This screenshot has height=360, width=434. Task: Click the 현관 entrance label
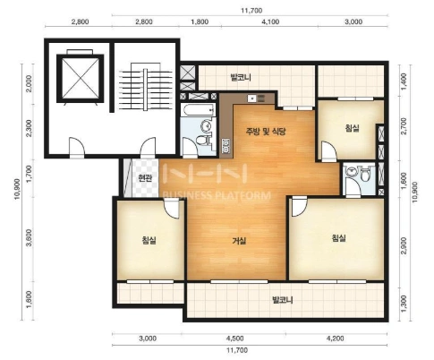145,178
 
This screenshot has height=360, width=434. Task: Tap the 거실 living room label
239,240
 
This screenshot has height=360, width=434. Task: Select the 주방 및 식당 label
266,132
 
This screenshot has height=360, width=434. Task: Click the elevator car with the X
81,78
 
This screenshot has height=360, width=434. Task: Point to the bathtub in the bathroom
198,111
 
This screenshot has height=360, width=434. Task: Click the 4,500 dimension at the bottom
234,339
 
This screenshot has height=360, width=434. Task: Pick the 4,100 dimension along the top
271,21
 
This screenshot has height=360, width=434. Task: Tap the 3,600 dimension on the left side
29,238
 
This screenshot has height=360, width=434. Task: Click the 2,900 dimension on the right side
404,246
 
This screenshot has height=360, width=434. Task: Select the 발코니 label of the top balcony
241,78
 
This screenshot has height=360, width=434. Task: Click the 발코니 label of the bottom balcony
283,299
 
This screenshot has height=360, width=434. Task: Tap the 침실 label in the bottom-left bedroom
149,240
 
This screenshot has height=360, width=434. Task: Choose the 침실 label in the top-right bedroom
352,128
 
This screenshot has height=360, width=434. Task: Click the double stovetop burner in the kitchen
226,145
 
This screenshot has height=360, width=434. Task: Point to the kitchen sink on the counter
252,99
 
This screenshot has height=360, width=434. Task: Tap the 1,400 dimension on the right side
404,81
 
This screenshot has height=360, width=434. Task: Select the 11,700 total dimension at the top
251,11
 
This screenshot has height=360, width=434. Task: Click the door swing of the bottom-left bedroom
171,209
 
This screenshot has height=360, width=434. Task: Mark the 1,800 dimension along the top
200,21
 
